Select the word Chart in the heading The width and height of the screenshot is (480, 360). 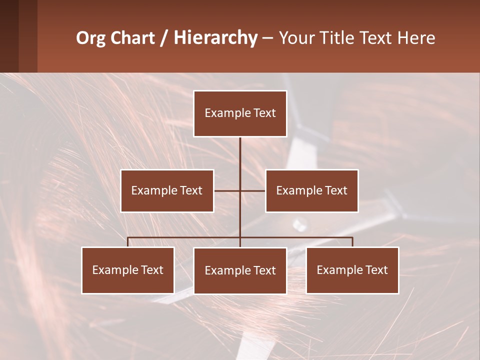pyautogui.click(x=133, y=38)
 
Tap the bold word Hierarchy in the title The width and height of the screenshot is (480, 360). pyautogui.click(x=215, y=38)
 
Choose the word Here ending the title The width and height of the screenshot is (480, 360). pyautogui.click(x=416, y=38)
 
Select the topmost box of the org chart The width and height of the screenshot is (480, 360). pyautogui.click(x=240, y=113)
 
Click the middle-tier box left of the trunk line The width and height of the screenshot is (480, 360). pyautogui.click(x=167, y=190)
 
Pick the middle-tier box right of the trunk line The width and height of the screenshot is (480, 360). pyautogui.click(x=311, y=190)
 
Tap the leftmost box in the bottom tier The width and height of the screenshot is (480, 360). pyautogui.click(x=127, y=270)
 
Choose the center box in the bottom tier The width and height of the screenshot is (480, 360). pyautogui.click(x=240, y=270)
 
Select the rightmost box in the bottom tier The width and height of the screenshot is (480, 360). pyautogui.click(x=352, y=270)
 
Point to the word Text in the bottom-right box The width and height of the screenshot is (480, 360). pyautogui.click(x=376, y=270)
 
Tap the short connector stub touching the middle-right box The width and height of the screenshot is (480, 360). pyautogui.click(x=253, y=190)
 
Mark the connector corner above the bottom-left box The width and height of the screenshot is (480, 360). pyautogui.click(x=128, y=238)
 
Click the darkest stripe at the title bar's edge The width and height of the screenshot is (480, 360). pyautogui.click(x=9, y=36)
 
